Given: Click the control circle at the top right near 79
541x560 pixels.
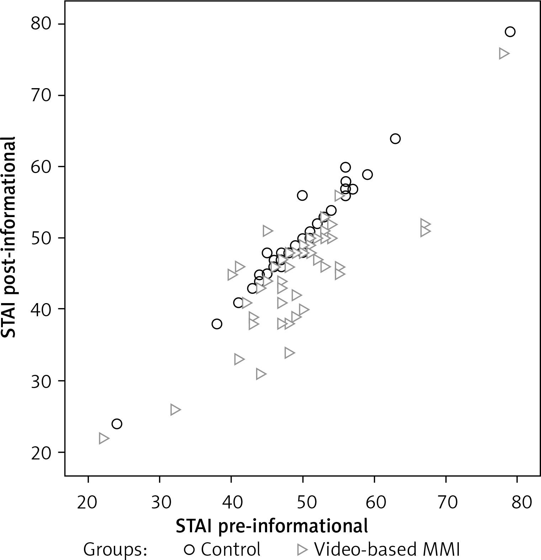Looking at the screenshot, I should tap(510, 32).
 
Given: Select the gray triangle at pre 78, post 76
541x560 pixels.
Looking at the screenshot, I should tap(504, 54).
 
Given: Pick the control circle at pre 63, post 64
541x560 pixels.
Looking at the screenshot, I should tap(395, 139).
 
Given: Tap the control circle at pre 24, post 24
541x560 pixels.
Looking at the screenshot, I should tap(117, 424).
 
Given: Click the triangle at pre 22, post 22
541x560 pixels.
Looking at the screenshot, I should tap(104, 438).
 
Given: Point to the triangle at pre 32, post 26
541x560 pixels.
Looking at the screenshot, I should tap(175, 410).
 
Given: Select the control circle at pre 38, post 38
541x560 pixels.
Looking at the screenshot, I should tap(217, 324).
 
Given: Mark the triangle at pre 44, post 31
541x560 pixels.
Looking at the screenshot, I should tap(261, 374).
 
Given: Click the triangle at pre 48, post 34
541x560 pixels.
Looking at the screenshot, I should tap(289, 353).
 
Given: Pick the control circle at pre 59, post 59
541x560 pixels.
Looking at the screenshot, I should tap(367, 174).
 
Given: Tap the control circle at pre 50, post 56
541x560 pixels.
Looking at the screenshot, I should tap(302, 195).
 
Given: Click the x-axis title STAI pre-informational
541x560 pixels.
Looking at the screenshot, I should tap(272, 526).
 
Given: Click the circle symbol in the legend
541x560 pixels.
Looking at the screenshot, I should tap(189, 550).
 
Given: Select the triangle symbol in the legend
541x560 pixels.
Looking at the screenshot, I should tap(302, 550).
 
